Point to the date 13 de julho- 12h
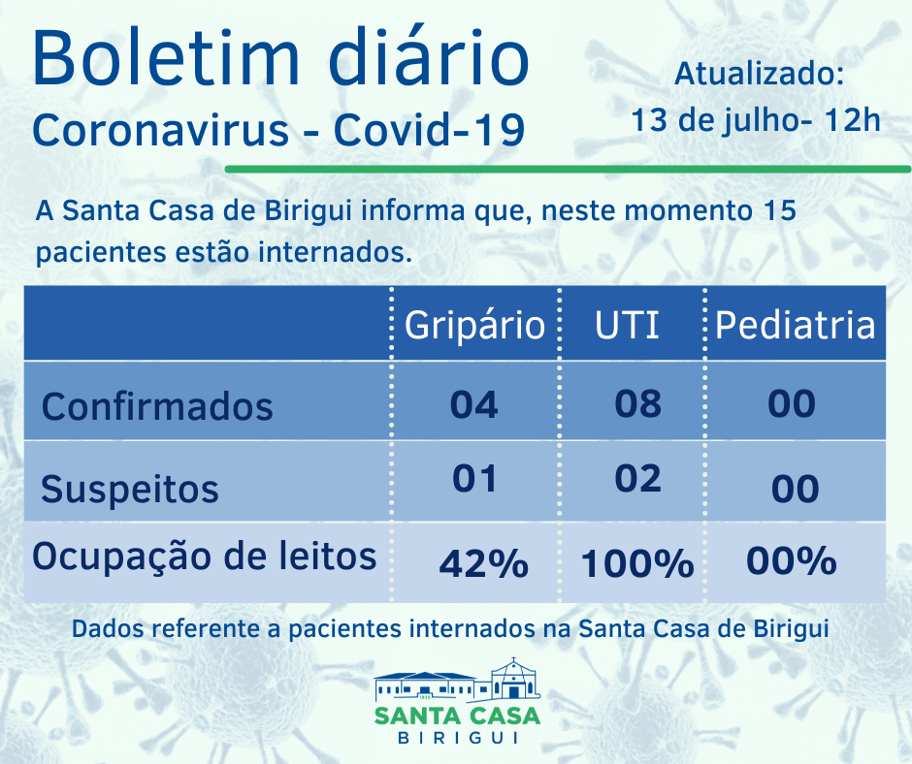pyautogui.click(x=756, y=121)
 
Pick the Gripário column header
pyautogui.click(x=474, y=325)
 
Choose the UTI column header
pyautogui.click(x=627, y=325)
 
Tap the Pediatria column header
pyautogui.click(x=795, y=325)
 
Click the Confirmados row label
pyautogui.click(x=157, y=406)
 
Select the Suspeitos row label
pyautogui.click(x=130, y=489)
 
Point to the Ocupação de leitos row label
pyautogui.click(x=205, y=557)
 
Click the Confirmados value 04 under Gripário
pyautogui.click(x=473, y=404)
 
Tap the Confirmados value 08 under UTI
pyautogui.click(x=637, y=403)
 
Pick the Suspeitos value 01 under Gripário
pyautogui.click(x=473, y=479)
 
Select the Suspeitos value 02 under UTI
pyautogui.click(x=637, y=479)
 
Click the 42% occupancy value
pyautogui.click(x=483, y=563)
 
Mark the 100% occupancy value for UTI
pyautogui.click(x=637, y=563)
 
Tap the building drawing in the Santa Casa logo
pyautogui.click(x=457, y=682)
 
